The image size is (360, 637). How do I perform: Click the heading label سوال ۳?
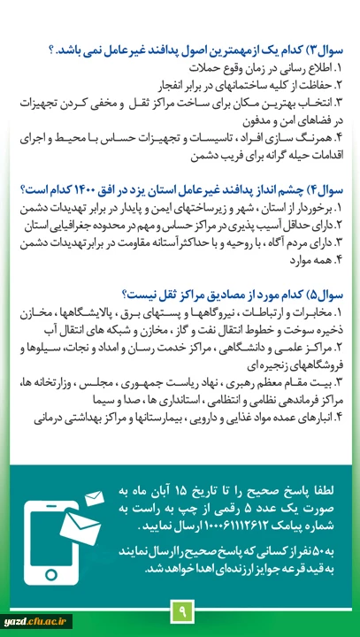click(326, 50)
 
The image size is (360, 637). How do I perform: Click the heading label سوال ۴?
click(326, 188)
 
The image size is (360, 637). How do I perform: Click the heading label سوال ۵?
click(326, 295)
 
